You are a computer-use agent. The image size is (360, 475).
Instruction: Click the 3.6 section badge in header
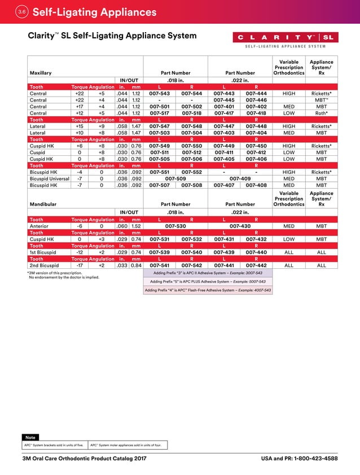pyautogui.click(x=21, y=12)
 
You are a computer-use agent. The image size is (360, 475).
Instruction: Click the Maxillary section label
pyautogui.click(x=41, y=73)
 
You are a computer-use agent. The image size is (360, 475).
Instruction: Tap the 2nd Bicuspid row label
pyautogui.click(x=44, y=265)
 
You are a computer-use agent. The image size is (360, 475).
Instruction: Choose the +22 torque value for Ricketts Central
pyautogui.click(x=80, y=93)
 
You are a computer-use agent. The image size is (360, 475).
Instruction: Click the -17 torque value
pyautogui.click(x=80, y=265)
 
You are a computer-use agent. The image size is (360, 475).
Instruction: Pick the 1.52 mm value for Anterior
pyautogui.click(x=136, y=225)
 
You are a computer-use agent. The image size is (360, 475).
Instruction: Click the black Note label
pyautogui.click(x=30, y=437)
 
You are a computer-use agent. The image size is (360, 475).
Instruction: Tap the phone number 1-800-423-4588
pyautogui.click(x=315, y=459)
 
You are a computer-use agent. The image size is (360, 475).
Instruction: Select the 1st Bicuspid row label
pyautogui.click(x=43, y=252)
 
